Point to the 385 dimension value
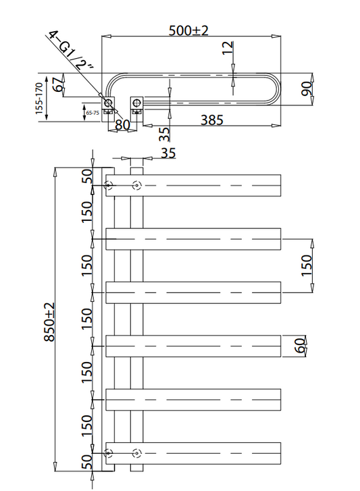point(211,120)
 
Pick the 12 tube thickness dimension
point(228,49)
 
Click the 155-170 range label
point(41,97)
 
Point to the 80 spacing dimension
point(122,124)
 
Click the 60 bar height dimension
point(300,346)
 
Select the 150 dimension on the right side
point(305,265)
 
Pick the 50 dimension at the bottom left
point(87,464)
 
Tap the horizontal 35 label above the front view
point(168,154)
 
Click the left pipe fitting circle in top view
point(107,103)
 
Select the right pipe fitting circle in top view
point(137,103)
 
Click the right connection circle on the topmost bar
point(137,185)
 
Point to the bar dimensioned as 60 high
point(192,346)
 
